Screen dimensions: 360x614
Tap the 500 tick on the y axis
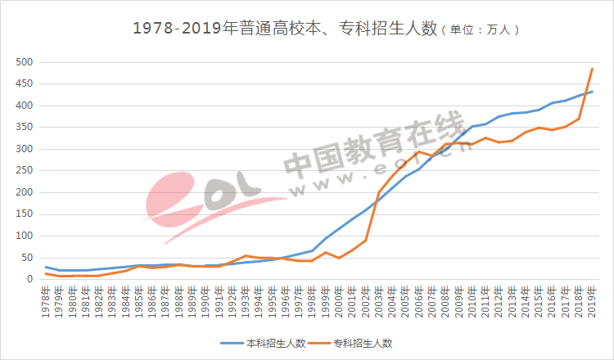[x=25, y=62]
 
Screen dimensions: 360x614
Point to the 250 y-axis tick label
[x=25, y=171]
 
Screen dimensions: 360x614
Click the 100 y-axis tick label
[x=25, y=236]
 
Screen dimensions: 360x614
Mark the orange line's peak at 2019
[x=592, y=69]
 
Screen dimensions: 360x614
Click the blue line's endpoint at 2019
[x=592, y=92]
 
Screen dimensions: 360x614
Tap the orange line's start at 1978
[x=46, y=273]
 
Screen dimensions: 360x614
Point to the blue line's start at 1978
[x=46, y=267]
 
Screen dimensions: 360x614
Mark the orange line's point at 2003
[x=378, y=192]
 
